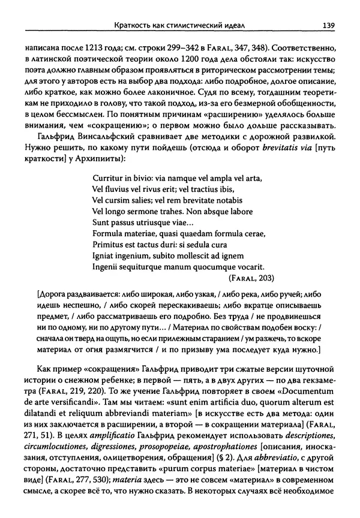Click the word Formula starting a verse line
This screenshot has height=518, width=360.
(x=111, y=233)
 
